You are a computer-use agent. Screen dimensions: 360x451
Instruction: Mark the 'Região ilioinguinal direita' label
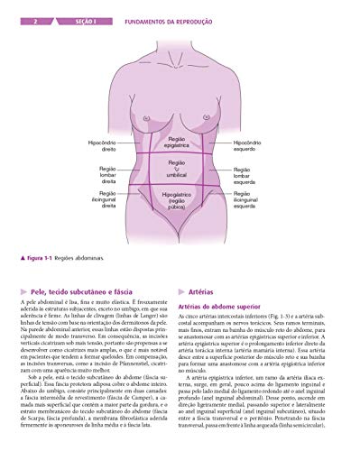coord(102,198)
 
